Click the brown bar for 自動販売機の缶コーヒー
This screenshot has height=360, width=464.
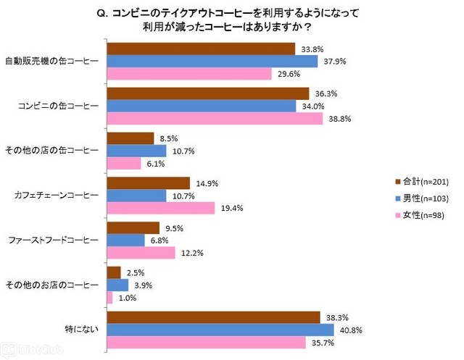pyautogui.click(x=201, y=49)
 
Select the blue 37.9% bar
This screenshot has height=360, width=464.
pyautogui.click(x=212, y=61)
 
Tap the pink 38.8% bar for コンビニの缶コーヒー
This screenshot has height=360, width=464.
pyautogui.click(x=215, y=119)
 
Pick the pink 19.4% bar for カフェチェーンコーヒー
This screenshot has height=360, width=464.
pyautogui.click(x=161, y=208)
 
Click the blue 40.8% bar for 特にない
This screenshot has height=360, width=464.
pyautogui.click(x=220, y=330)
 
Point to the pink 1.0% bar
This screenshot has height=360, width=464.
pyautogui.click(x=109, y=297)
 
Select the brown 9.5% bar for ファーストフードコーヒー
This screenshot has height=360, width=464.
pyautogui.click(x=133, y=227)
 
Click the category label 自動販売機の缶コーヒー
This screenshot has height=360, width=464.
pyautogui.click(x=51, y=62)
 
